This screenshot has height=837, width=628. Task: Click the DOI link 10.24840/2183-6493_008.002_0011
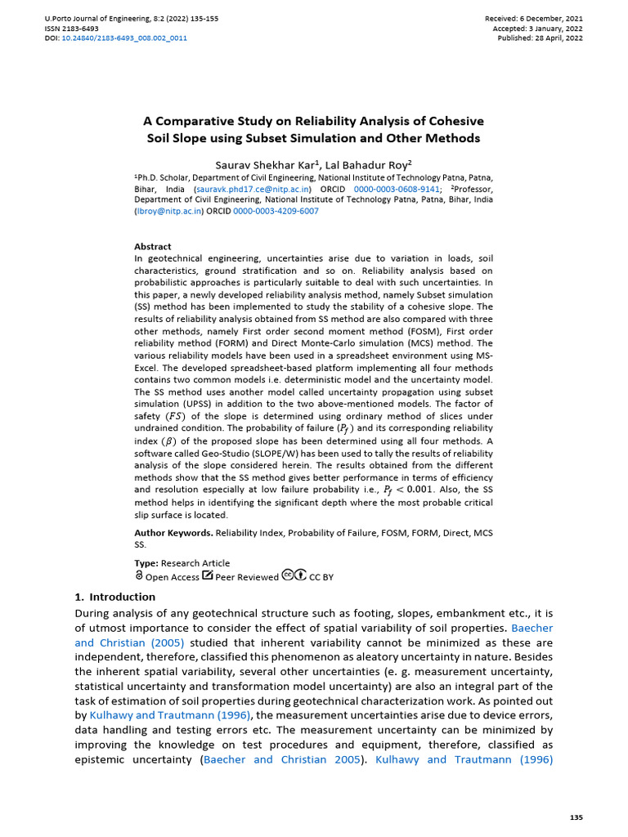124,38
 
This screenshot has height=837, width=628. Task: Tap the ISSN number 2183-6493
83,28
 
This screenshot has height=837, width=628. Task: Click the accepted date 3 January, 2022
554,28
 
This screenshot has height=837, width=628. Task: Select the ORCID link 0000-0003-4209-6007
276,211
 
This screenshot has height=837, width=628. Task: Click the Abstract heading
153,246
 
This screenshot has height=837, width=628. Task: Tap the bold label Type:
146,563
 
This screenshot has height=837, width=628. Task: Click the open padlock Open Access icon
139,575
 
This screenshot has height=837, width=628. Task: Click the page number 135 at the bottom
575,818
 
